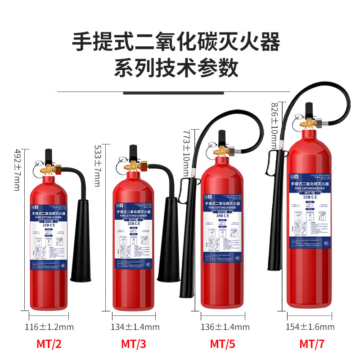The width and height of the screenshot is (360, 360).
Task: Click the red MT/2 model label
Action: (49, 344)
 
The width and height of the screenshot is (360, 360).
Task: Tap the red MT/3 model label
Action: (134, 344)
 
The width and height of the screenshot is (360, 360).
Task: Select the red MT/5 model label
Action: (223, 344)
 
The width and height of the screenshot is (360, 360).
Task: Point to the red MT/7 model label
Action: (312, 344)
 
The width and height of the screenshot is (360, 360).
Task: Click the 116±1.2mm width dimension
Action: (49, 327)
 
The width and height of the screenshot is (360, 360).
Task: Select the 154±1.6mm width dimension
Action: (310, 327)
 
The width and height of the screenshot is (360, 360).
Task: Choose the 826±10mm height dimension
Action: (275, 126)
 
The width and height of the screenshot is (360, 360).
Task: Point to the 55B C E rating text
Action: (310, 197)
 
